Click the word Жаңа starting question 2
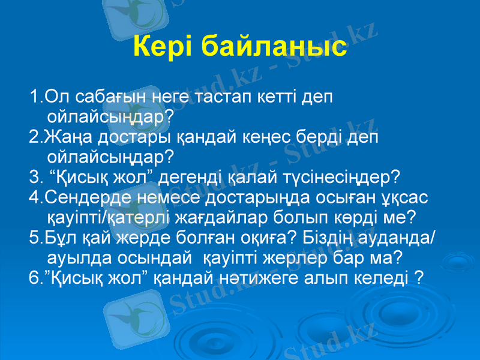click(66, 137)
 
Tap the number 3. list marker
click(34, 178)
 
